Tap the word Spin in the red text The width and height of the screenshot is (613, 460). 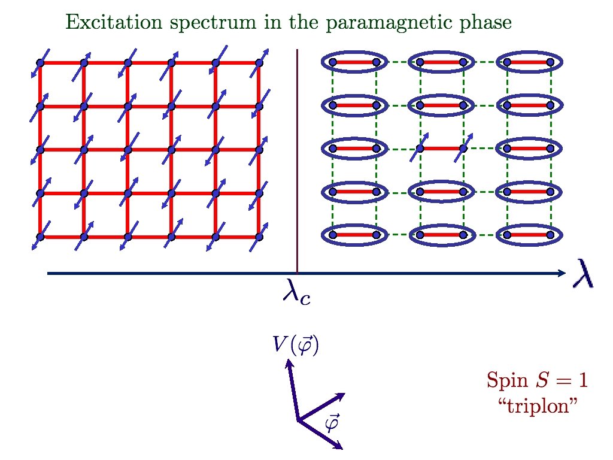coord(502,380)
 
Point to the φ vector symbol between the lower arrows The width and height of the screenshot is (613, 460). coord(330,423)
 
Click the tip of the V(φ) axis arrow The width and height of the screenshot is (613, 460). coord(289,361)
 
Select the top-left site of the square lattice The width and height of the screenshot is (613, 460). coord(40,62)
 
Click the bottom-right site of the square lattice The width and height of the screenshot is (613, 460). coord(259,236)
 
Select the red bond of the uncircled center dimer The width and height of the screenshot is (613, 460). coord(441,148)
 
